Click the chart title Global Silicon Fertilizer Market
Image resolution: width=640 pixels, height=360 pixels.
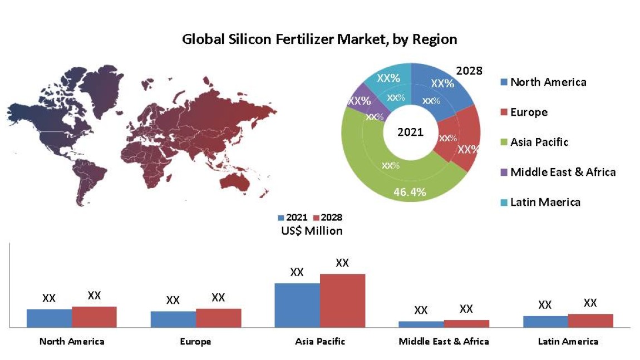pos(319,40)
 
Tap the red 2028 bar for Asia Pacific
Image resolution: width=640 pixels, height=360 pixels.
pos(342,300)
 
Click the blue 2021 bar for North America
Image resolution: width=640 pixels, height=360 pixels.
pos(49,318)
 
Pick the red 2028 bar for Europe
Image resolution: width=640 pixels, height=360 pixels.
pos(218,318)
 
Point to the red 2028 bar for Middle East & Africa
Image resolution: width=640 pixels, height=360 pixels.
pos(466,323)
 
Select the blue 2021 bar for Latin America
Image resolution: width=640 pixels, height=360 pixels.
pos(545,321)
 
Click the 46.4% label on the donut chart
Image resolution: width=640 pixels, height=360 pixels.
pos(410,193)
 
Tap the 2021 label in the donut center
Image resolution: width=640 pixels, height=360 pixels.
pos(410,132)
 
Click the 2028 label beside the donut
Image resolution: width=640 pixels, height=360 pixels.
pos(469,71)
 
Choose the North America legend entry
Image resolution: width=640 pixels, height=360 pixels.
pos(548,82)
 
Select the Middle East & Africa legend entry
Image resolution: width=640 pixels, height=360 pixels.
pos(562,172)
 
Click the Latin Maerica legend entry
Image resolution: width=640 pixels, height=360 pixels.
pos(544,202)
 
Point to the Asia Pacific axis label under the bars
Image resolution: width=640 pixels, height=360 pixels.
pos(320,341)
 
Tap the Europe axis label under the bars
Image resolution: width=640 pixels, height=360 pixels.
pos(196,341)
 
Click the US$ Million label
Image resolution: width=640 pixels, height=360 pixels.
pos(312,230)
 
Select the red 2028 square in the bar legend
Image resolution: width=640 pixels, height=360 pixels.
pos(317,218)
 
